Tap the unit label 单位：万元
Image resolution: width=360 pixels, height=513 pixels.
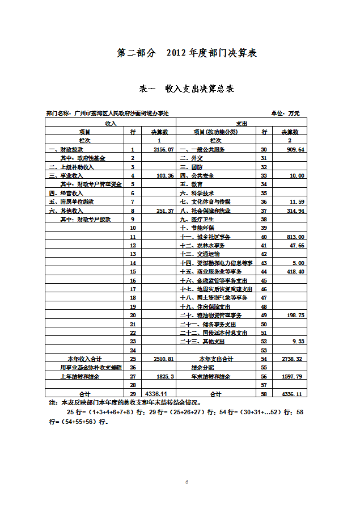289,113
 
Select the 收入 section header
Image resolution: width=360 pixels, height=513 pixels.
111,123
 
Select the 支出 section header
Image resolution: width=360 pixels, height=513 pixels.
242,123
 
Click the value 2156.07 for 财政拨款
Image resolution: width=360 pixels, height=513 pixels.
162,149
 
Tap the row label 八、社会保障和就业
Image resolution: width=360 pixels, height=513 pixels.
205,211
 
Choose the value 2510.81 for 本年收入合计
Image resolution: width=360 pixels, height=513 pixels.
162,359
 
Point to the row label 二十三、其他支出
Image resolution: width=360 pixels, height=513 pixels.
202,342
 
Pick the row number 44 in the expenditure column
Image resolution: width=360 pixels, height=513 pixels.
263,272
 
